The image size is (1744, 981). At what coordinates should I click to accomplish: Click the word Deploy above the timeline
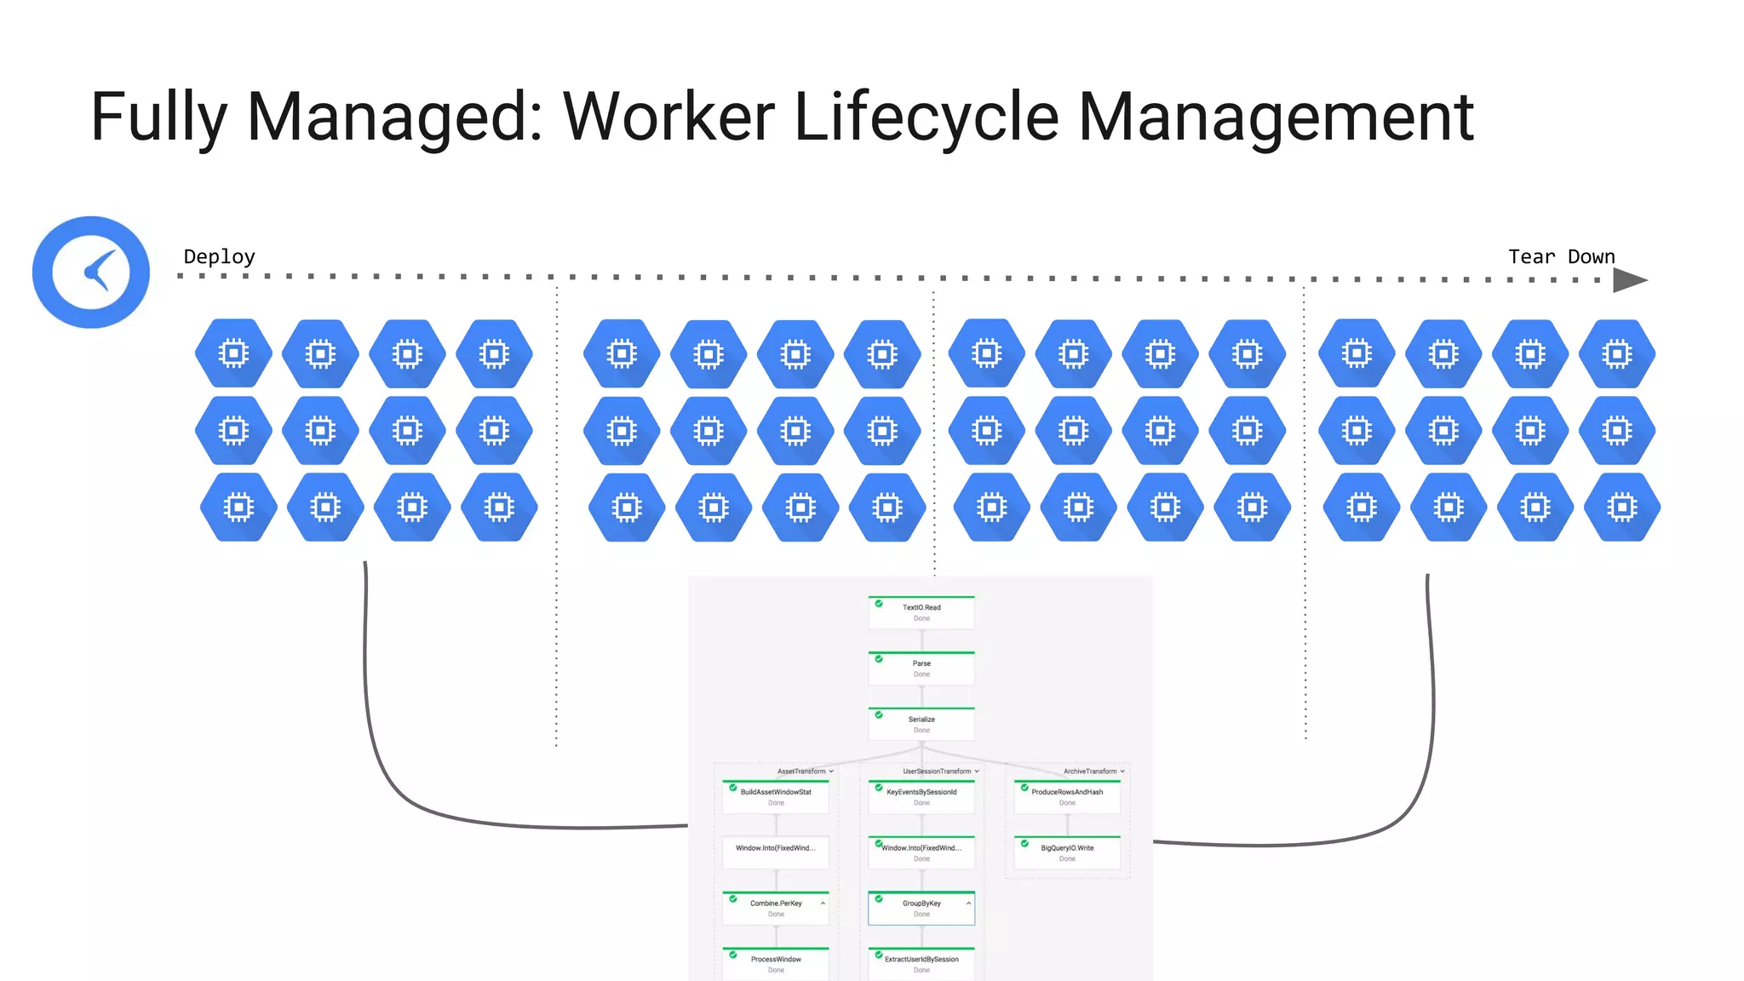tap(219, 256)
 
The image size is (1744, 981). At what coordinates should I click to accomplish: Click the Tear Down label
tap(1561, 256)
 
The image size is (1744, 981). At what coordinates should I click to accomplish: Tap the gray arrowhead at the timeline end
tap(1629, 280)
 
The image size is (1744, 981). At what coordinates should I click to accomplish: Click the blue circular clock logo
tap(91, 272)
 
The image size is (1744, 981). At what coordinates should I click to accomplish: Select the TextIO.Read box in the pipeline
tap(921, 612)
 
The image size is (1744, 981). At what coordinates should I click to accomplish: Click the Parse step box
tap(921, 668)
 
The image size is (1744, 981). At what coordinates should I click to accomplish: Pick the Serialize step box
tap(921, 724)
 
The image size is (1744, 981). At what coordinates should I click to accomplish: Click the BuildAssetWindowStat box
tap(776, 797)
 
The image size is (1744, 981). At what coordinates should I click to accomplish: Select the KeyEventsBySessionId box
tap(921, 797)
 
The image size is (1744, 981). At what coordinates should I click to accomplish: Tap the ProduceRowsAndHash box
tap(1067, 797)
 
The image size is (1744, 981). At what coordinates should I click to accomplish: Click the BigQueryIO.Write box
tap(1067, 852)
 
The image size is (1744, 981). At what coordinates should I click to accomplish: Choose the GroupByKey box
tap(921, 908)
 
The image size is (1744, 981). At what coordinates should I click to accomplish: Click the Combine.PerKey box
tap(776, 908)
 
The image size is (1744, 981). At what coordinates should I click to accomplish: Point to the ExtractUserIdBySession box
tap(921, 963)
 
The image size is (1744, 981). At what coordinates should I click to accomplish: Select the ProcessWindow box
tap(776, 963)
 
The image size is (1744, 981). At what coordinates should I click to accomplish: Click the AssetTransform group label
tap(801, 772)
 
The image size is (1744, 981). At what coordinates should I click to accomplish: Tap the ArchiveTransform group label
tap(1090, 772)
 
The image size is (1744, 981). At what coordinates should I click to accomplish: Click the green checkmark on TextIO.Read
tap(879, 603)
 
